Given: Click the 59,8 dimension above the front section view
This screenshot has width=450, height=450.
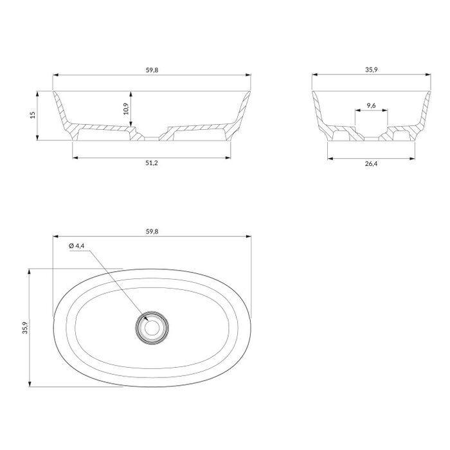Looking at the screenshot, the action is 152,70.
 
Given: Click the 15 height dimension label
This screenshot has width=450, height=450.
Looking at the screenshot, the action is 33,115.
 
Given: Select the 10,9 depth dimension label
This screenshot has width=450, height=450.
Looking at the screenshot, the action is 126,109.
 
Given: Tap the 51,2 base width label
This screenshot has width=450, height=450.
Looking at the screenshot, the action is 152,163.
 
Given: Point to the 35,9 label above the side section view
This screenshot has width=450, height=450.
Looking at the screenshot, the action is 372,69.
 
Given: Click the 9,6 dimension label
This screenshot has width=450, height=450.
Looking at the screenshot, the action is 372,105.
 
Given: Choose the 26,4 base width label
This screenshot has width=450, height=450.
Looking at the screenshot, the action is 371,164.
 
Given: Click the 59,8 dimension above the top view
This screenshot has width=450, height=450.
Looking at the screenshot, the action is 152,231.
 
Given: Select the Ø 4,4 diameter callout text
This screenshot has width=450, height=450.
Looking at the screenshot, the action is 76,246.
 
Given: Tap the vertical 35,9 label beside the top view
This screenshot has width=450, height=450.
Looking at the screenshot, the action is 25,328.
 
